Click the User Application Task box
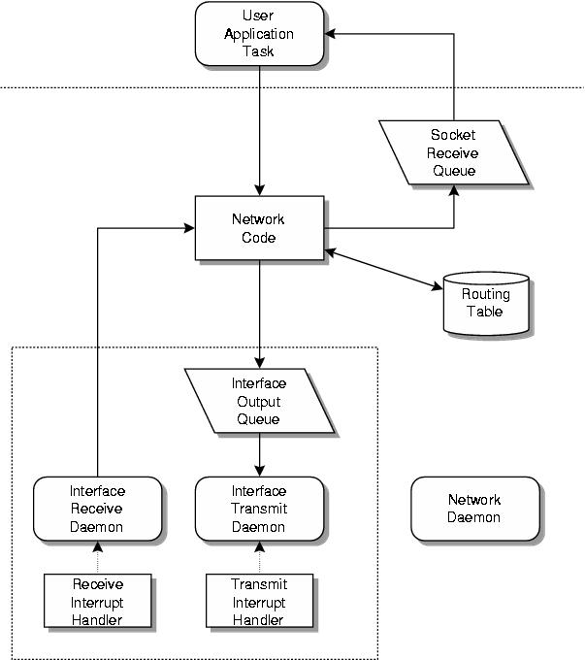click(259, 34)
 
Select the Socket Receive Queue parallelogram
click(453, 152)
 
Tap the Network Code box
click(259, 228)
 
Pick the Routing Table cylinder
click(486, 304)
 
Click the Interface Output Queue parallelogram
click(259, 401)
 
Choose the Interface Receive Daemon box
click(97, 509)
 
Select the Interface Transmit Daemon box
click(259, 509)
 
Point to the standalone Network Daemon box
click(474, 509)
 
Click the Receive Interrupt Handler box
click(98, 601)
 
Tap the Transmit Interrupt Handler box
click(259, 601)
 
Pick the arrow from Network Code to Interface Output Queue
click(259, 311)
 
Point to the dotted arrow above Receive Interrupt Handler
click(97, 557)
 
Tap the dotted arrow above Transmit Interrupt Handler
click(259, 557)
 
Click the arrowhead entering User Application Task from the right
click(331, 34)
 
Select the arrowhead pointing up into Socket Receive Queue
click(453, 190)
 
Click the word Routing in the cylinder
click(485, 295)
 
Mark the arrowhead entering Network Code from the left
click(189, 228)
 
